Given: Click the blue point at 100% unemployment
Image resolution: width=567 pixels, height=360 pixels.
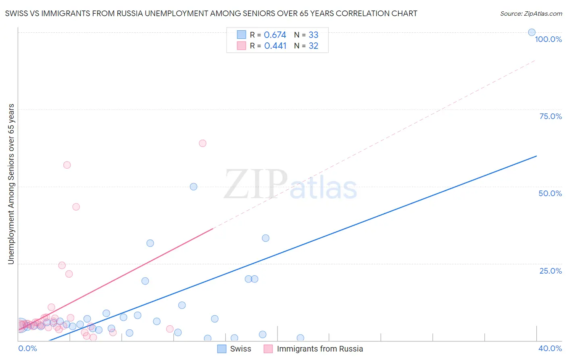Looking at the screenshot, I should pyautogui.click(x=532, y=32).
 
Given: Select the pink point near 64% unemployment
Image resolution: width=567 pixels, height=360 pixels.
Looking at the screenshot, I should pyautogui.click(x=202, y=143).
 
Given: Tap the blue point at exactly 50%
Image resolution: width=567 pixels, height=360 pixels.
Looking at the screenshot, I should pyautogui.click(x=194, y=186).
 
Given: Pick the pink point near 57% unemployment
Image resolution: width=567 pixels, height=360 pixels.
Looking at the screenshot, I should pyautogui.click(x=67, y=165).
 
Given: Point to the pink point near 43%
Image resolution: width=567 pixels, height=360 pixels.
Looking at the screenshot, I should pyautogui.click(x=76, y=207).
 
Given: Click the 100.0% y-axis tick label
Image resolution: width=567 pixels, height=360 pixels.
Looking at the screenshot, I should pyautogui.click(x=548, y=39).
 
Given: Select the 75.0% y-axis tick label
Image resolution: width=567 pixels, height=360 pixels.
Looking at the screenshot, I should pyautogui.click(x=550, y=116).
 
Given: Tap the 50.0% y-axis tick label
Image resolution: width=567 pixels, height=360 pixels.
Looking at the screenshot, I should pyautogui.click(x=550, y=193).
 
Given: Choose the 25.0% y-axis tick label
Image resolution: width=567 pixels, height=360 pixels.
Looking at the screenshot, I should pyautogui.click(x=550, y=271).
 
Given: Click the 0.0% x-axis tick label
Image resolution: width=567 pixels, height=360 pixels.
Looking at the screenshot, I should pyautogui.click(x=27, y=348).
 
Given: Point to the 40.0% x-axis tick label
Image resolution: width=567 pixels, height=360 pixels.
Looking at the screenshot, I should pyautogui.click(x=550, y=348).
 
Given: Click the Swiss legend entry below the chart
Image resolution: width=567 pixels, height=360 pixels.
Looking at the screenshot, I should pyautogui.click(x=240, y=349).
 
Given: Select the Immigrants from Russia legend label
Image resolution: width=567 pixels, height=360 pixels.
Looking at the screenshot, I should pyautogui.click(x=320, y=349).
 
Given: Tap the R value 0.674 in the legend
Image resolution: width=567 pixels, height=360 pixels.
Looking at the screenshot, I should pyautogui.click(x=275, y=35).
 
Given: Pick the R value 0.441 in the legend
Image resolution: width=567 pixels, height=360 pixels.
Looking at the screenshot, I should pyautogui.click(x=275, y=46).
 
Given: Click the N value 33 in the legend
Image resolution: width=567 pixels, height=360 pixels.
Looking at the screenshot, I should pyautogui.click(x=313, y=35).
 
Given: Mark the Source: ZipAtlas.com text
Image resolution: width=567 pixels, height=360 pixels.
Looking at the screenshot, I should pyautogui.click(x=531, y=13).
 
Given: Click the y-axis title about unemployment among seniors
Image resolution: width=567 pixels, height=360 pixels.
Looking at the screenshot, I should pyautogui.click(x=11, y=184).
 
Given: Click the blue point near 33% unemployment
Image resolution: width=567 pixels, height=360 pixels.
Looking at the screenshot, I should pyautogui.click(x=265, y=238).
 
